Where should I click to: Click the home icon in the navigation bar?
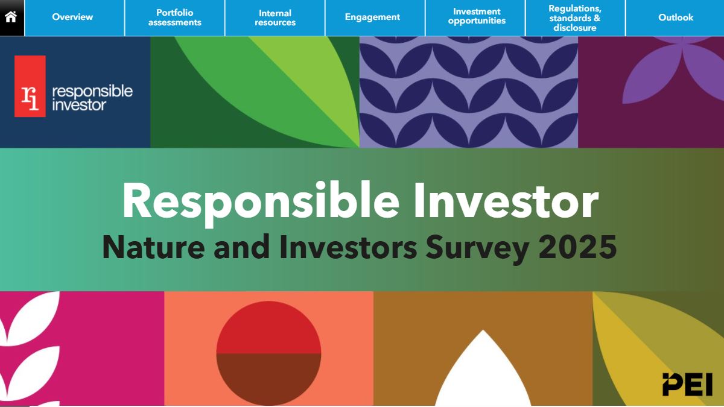click(11, 17)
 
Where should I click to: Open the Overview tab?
click(72, 17)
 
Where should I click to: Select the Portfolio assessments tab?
click(175, 17)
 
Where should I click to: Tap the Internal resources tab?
click(275, 17)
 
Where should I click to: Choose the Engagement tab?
click(372, 17)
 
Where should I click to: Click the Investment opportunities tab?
click(477, 16)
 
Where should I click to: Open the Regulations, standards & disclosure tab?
click(575, 17)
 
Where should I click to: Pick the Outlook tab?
click(676, 17)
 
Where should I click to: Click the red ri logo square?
click(30, 86)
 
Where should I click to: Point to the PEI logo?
click(687, 385)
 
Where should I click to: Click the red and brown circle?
click(268, 353)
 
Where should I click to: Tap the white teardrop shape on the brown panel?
click(483, 374)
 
